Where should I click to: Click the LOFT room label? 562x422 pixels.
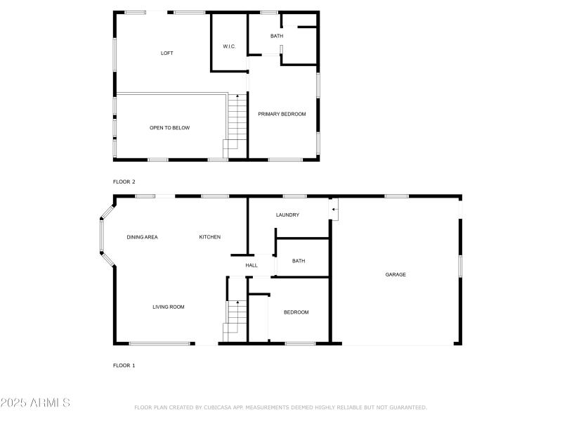pyautogui.click(x=166, y=53)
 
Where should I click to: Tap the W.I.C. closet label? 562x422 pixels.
pyautogui.click(x=229, y=47)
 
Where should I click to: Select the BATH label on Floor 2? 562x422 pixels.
pyautogui.click(x=277, y=35)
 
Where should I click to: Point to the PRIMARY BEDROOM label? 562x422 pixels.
pyautogui.click(x=282, y=114)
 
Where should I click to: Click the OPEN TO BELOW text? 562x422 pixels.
pyautogui.click(x=169, y=128)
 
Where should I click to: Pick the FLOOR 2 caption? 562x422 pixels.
pyautogui.click(x=124, y=181)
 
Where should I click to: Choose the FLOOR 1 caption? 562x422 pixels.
pyautogui.click(x=124, y=366)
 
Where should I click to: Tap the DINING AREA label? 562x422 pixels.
pyautogui.click(x=142, y=237)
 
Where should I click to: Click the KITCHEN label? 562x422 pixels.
pyautogui.click(x=210, y=237)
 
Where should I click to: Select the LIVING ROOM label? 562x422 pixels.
pyautogui.click(x=169, y=307)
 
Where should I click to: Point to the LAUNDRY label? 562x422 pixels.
pyautogui.click(x=288, y=215)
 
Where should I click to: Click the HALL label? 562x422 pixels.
pyautogui.click(x=251, y=266)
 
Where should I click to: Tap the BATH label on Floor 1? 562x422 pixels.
pyautogui.click(x=299, y=261)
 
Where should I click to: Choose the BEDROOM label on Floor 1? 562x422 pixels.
pyautogui.click(x=296, y=312)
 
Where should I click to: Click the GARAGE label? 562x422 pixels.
pyautogui.click(x=396, y=274)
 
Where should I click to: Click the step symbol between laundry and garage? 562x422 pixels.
pyautogui.click(x=334, y=209)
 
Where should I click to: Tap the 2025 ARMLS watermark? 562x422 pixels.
pyautogui.click(x=35, y=403)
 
